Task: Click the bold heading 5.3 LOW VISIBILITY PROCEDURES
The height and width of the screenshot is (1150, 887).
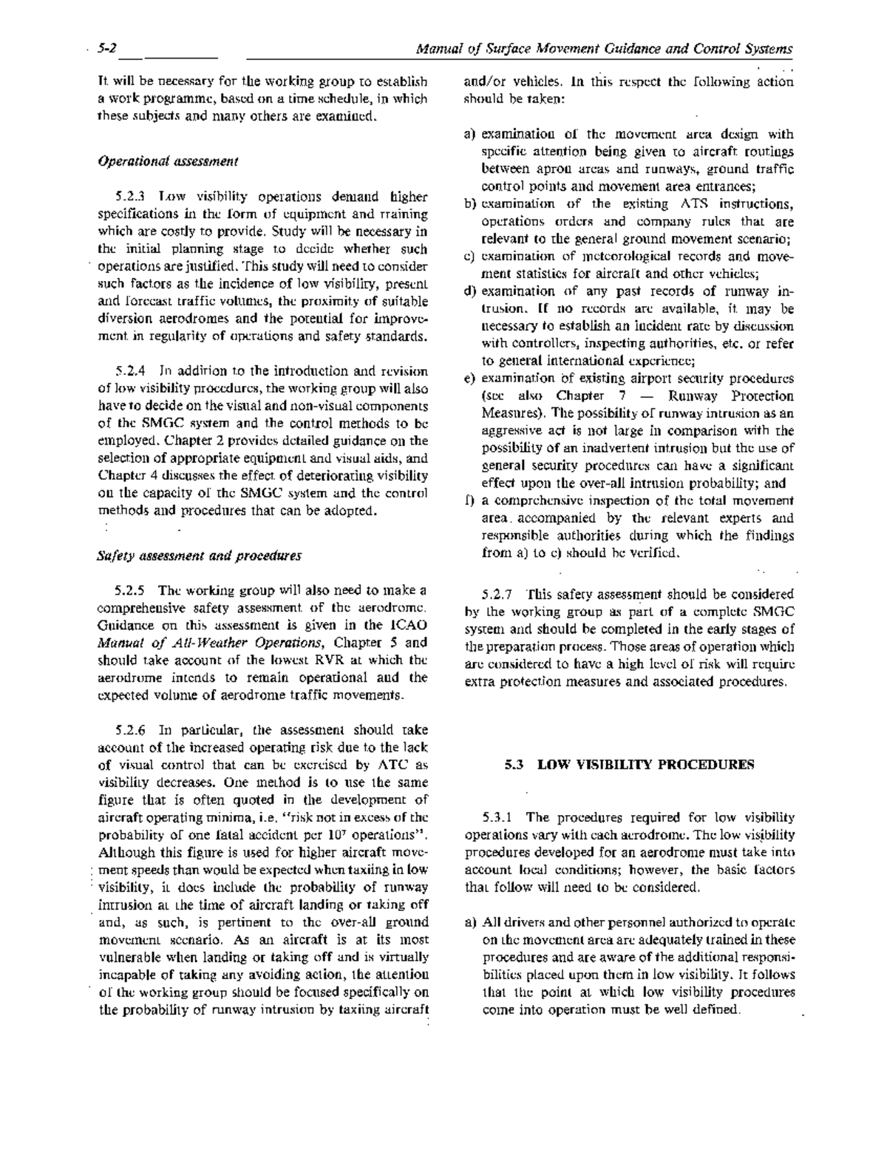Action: click(629, 764)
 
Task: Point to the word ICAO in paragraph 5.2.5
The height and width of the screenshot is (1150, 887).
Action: click(411, 626)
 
